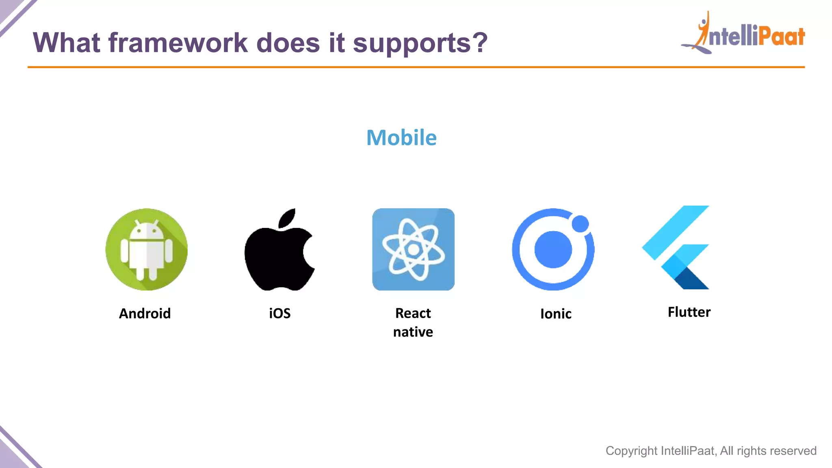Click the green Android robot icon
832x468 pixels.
point(146,249)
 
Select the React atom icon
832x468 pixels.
point(413,249)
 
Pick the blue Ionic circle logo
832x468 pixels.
point(553,249)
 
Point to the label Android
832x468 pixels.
point(145,313)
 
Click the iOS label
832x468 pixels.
point(279,313)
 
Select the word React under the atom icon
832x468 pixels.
point(413,313)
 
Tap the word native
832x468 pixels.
point(413,332)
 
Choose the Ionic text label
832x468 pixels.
point(555,314)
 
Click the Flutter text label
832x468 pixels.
point(689,312)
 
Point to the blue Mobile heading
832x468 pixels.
point(401,137)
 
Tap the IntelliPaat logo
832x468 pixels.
point(743,34)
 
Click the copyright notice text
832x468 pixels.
point(711,451)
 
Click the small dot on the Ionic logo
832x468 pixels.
point(580,223)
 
